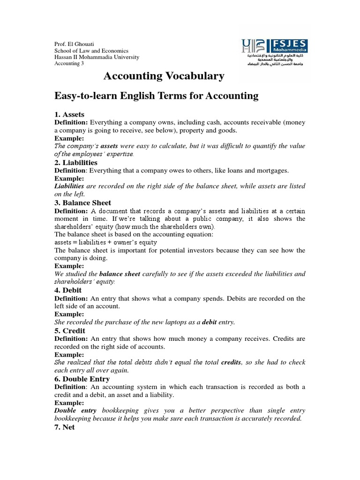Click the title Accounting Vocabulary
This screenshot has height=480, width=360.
click(x=164, y=76)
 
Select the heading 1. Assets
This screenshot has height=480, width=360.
click(x=69, y=114)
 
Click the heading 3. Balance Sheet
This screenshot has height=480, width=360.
click(x=83, y=202)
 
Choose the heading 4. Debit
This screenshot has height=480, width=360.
click(x=68, y=290)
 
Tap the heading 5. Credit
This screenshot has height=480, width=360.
click(x=70, y=330)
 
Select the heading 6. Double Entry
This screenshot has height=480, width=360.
click(x=82, y=378)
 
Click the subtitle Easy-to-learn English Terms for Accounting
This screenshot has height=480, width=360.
click(x=157, y=96)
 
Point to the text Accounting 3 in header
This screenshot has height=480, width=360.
click(x=69, y=64)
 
